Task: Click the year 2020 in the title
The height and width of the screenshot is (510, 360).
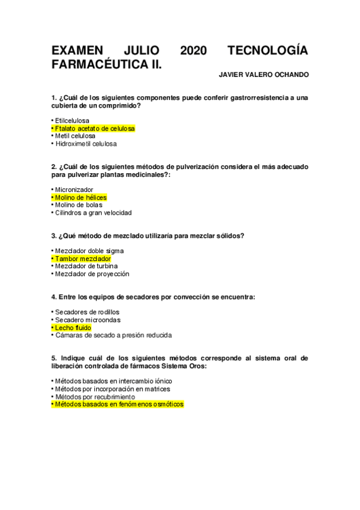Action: coord(193,51)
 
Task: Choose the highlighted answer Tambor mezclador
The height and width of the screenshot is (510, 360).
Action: coord(81,259)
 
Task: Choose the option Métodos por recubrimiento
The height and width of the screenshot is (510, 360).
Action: coord(93,397)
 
